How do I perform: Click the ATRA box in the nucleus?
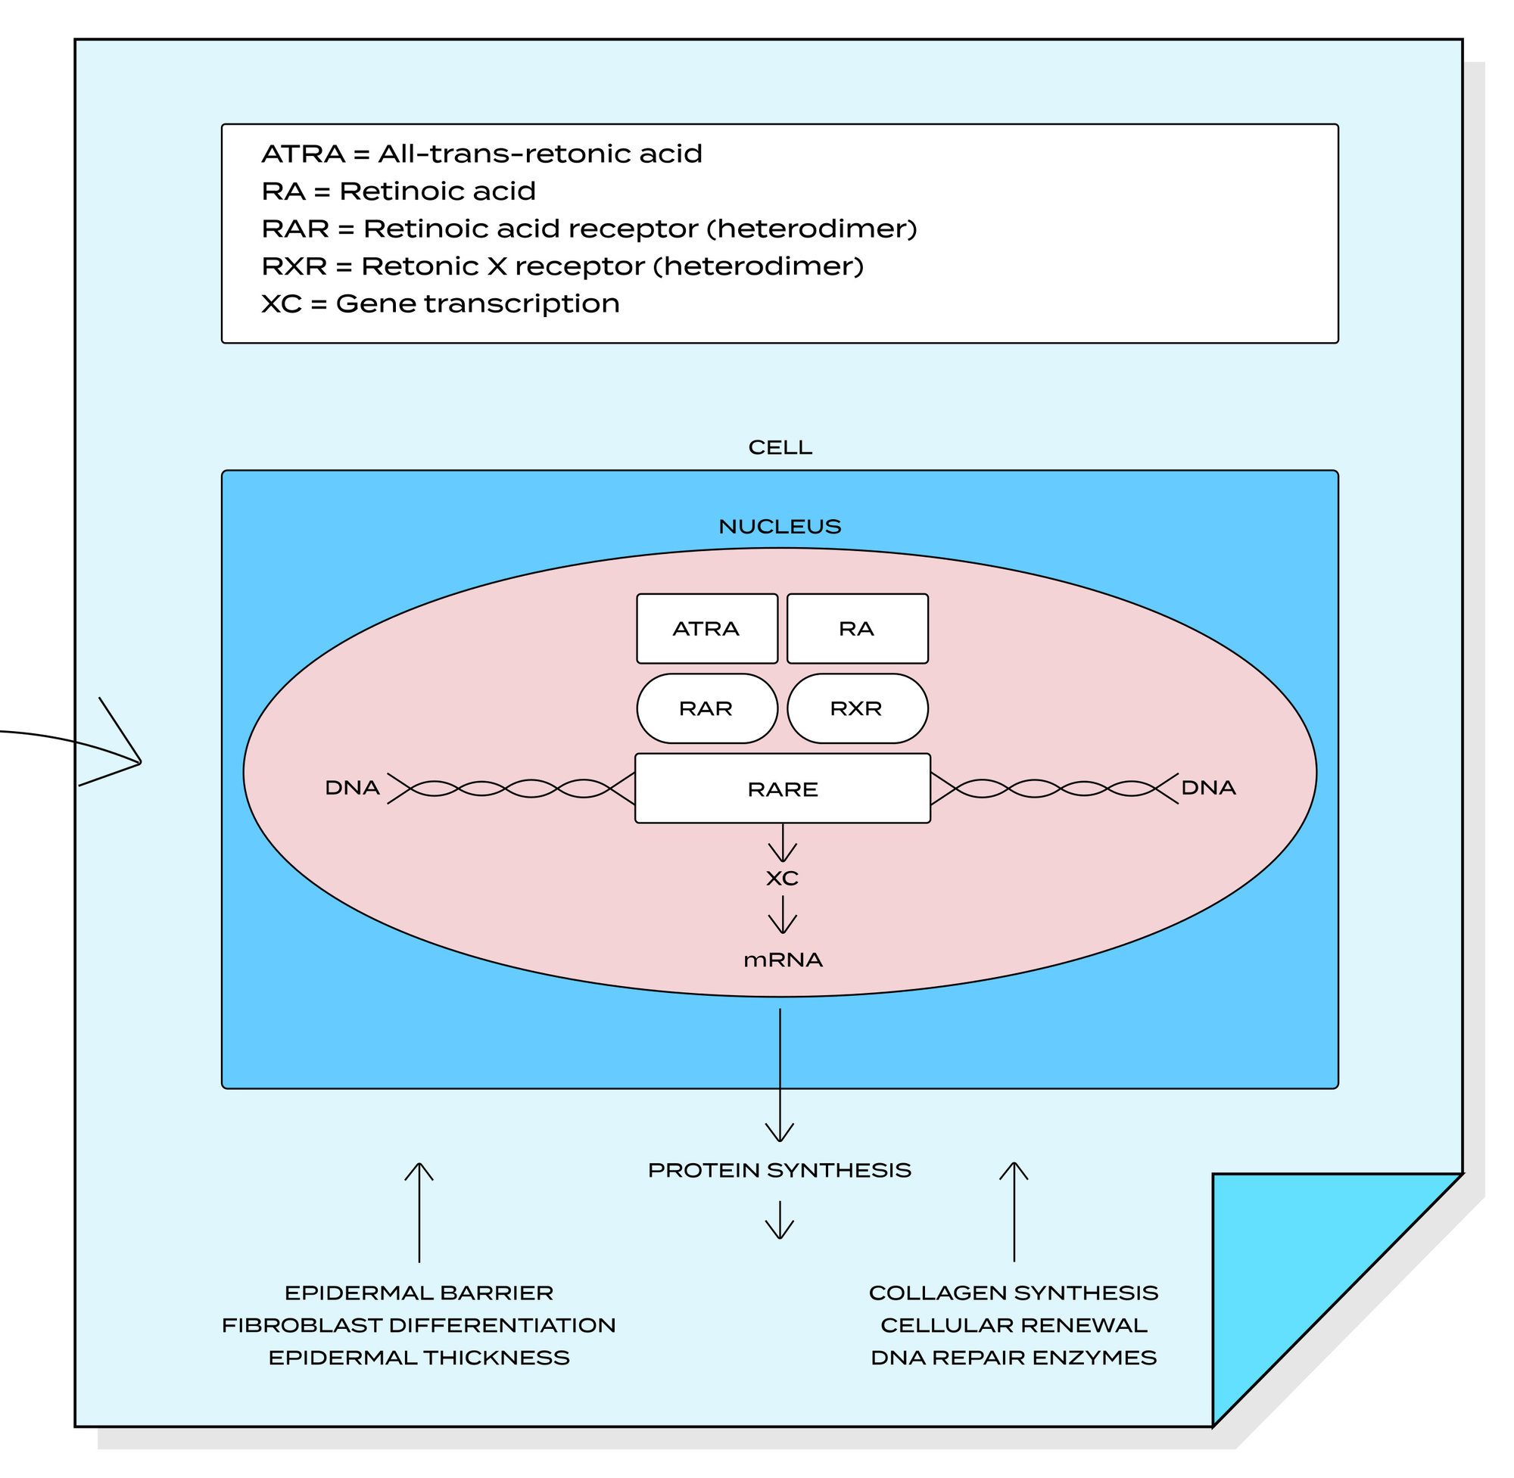(706, 629)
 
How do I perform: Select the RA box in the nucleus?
(857, 629)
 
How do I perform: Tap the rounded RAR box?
(706, 708)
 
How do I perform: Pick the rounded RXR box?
(857, 708)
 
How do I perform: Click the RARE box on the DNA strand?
(783, 789)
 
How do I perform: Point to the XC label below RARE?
(783, 879)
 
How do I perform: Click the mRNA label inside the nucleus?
(783, 960)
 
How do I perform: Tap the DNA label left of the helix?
(353, 788)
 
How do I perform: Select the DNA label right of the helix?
(1208, 788)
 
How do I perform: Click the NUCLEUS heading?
(780, 527)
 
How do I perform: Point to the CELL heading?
(780, 448)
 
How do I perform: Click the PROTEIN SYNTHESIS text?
(780, 1171)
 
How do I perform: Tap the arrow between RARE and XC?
(783, 844)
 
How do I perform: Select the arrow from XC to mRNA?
(783, 915)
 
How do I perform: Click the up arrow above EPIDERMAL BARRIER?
(419, 1211)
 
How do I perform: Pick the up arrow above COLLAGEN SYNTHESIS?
(1014, 1211)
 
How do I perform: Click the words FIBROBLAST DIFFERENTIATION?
(419, 1326)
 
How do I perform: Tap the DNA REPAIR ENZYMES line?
(1014, 1358)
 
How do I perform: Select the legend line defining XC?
(441, 303)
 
